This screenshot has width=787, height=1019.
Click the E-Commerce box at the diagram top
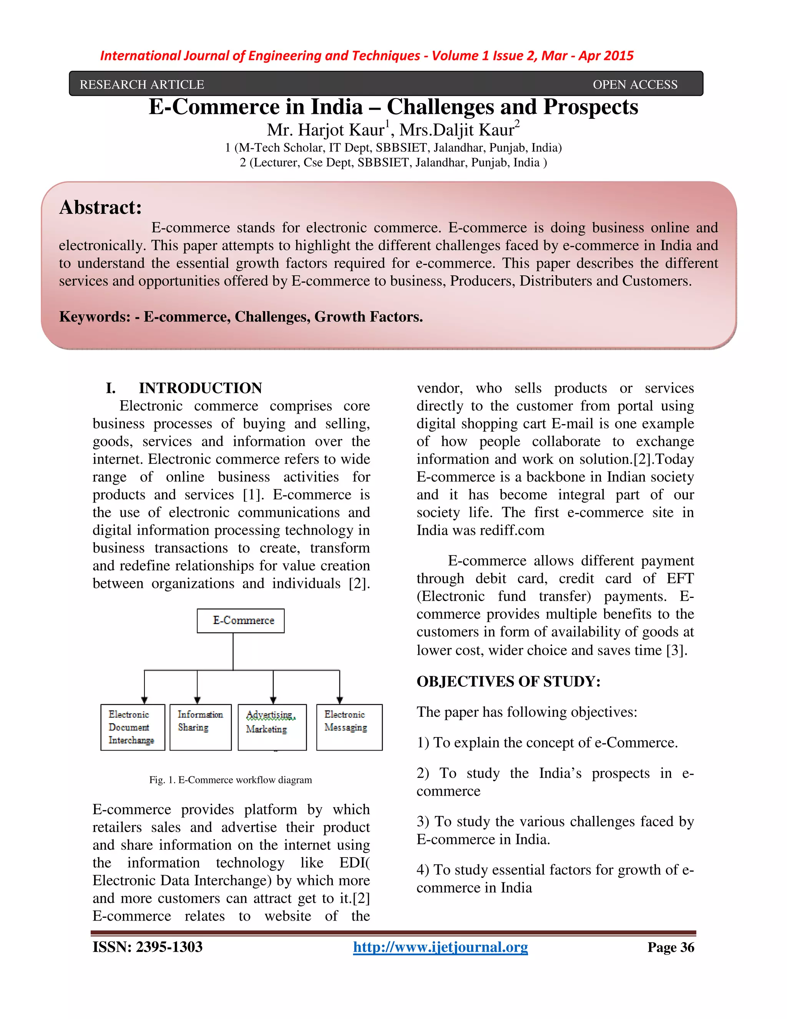[241, 621]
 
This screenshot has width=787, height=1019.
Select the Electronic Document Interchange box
[133, 727]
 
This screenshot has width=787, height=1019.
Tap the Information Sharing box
[201, 727]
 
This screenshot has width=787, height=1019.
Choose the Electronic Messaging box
[349, 727]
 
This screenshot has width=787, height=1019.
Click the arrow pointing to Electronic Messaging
[340, 698]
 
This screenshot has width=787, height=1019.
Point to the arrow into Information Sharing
[197, 698]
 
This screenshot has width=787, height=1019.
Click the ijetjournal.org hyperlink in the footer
[440, 947]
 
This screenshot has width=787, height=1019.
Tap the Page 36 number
[671, 947]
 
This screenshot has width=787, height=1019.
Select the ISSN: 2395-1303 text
[147, 947]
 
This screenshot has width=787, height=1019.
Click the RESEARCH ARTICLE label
[142, 85]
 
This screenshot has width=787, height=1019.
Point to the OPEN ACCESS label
[635, 85]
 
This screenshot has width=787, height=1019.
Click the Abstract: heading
[100, 208]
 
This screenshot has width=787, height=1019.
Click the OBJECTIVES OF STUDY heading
[508, 681]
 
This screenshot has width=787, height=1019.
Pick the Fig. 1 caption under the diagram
[230, 780]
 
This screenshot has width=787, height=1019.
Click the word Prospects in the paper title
[591, 107]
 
